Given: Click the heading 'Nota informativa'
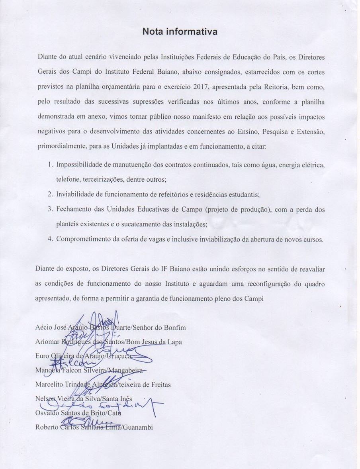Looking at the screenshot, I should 180,31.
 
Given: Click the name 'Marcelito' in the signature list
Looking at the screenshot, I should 49,385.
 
